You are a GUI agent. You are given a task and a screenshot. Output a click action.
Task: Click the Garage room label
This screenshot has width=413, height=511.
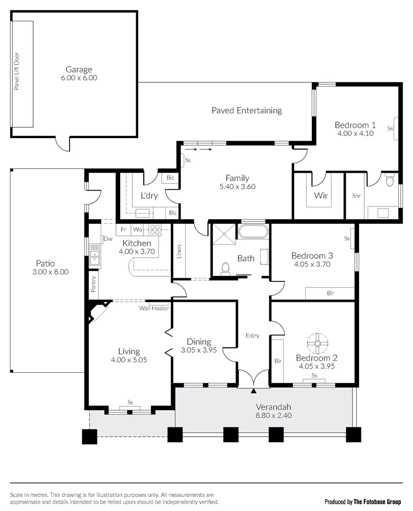coord(79,70)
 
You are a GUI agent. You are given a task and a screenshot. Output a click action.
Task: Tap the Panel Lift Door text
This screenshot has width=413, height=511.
coord(17,71)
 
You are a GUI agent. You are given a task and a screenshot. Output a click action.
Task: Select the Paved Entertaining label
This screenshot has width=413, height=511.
coord(246,110)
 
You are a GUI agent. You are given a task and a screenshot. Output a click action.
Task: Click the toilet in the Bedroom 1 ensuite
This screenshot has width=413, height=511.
coord(389,181)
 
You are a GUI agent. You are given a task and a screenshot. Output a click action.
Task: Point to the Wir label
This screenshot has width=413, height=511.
coord(321,195)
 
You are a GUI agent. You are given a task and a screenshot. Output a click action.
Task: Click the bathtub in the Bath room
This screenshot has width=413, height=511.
coord(253,232)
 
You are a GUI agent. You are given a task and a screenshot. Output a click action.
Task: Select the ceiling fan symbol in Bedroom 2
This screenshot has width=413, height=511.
coord(317,342)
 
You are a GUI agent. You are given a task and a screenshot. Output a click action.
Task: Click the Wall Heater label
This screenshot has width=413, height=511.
coord(154,308)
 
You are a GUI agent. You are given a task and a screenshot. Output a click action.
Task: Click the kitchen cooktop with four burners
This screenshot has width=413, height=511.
coord(155,229)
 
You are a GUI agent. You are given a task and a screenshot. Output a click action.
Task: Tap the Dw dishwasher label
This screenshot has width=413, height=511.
coord(108,239)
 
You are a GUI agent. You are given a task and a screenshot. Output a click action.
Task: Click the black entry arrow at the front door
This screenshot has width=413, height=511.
coord(254,391)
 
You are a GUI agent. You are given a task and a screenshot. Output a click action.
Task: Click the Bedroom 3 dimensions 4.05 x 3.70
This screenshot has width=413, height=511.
coord(312,264)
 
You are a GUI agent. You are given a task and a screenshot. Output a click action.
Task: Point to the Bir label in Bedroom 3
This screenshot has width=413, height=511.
coord(330,293)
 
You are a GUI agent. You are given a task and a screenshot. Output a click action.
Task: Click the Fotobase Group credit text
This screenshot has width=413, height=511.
coord(362,502)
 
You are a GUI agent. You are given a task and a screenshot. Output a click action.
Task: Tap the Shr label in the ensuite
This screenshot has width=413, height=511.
coord(356,195)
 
